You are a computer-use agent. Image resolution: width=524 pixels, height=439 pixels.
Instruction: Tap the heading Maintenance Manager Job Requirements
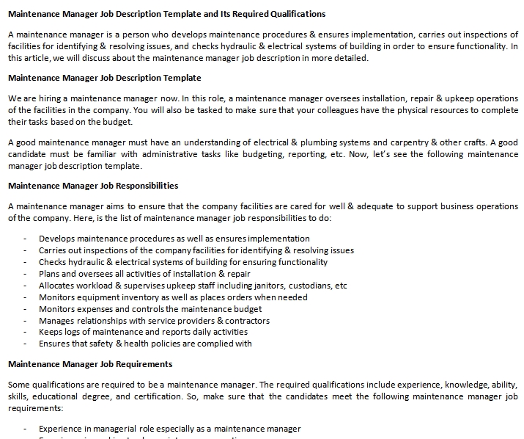89,364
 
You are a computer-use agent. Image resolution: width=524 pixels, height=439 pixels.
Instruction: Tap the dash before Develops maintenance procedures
26,239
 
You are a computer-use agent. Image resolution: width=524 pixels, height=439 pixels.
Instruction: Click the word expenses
93,309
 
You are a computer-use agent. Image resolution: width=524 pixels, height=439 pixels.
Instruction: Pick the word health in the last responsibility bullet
143,343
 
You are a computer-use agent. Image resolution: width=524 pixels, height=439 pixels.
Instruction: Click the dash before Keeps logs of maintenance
26,333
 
